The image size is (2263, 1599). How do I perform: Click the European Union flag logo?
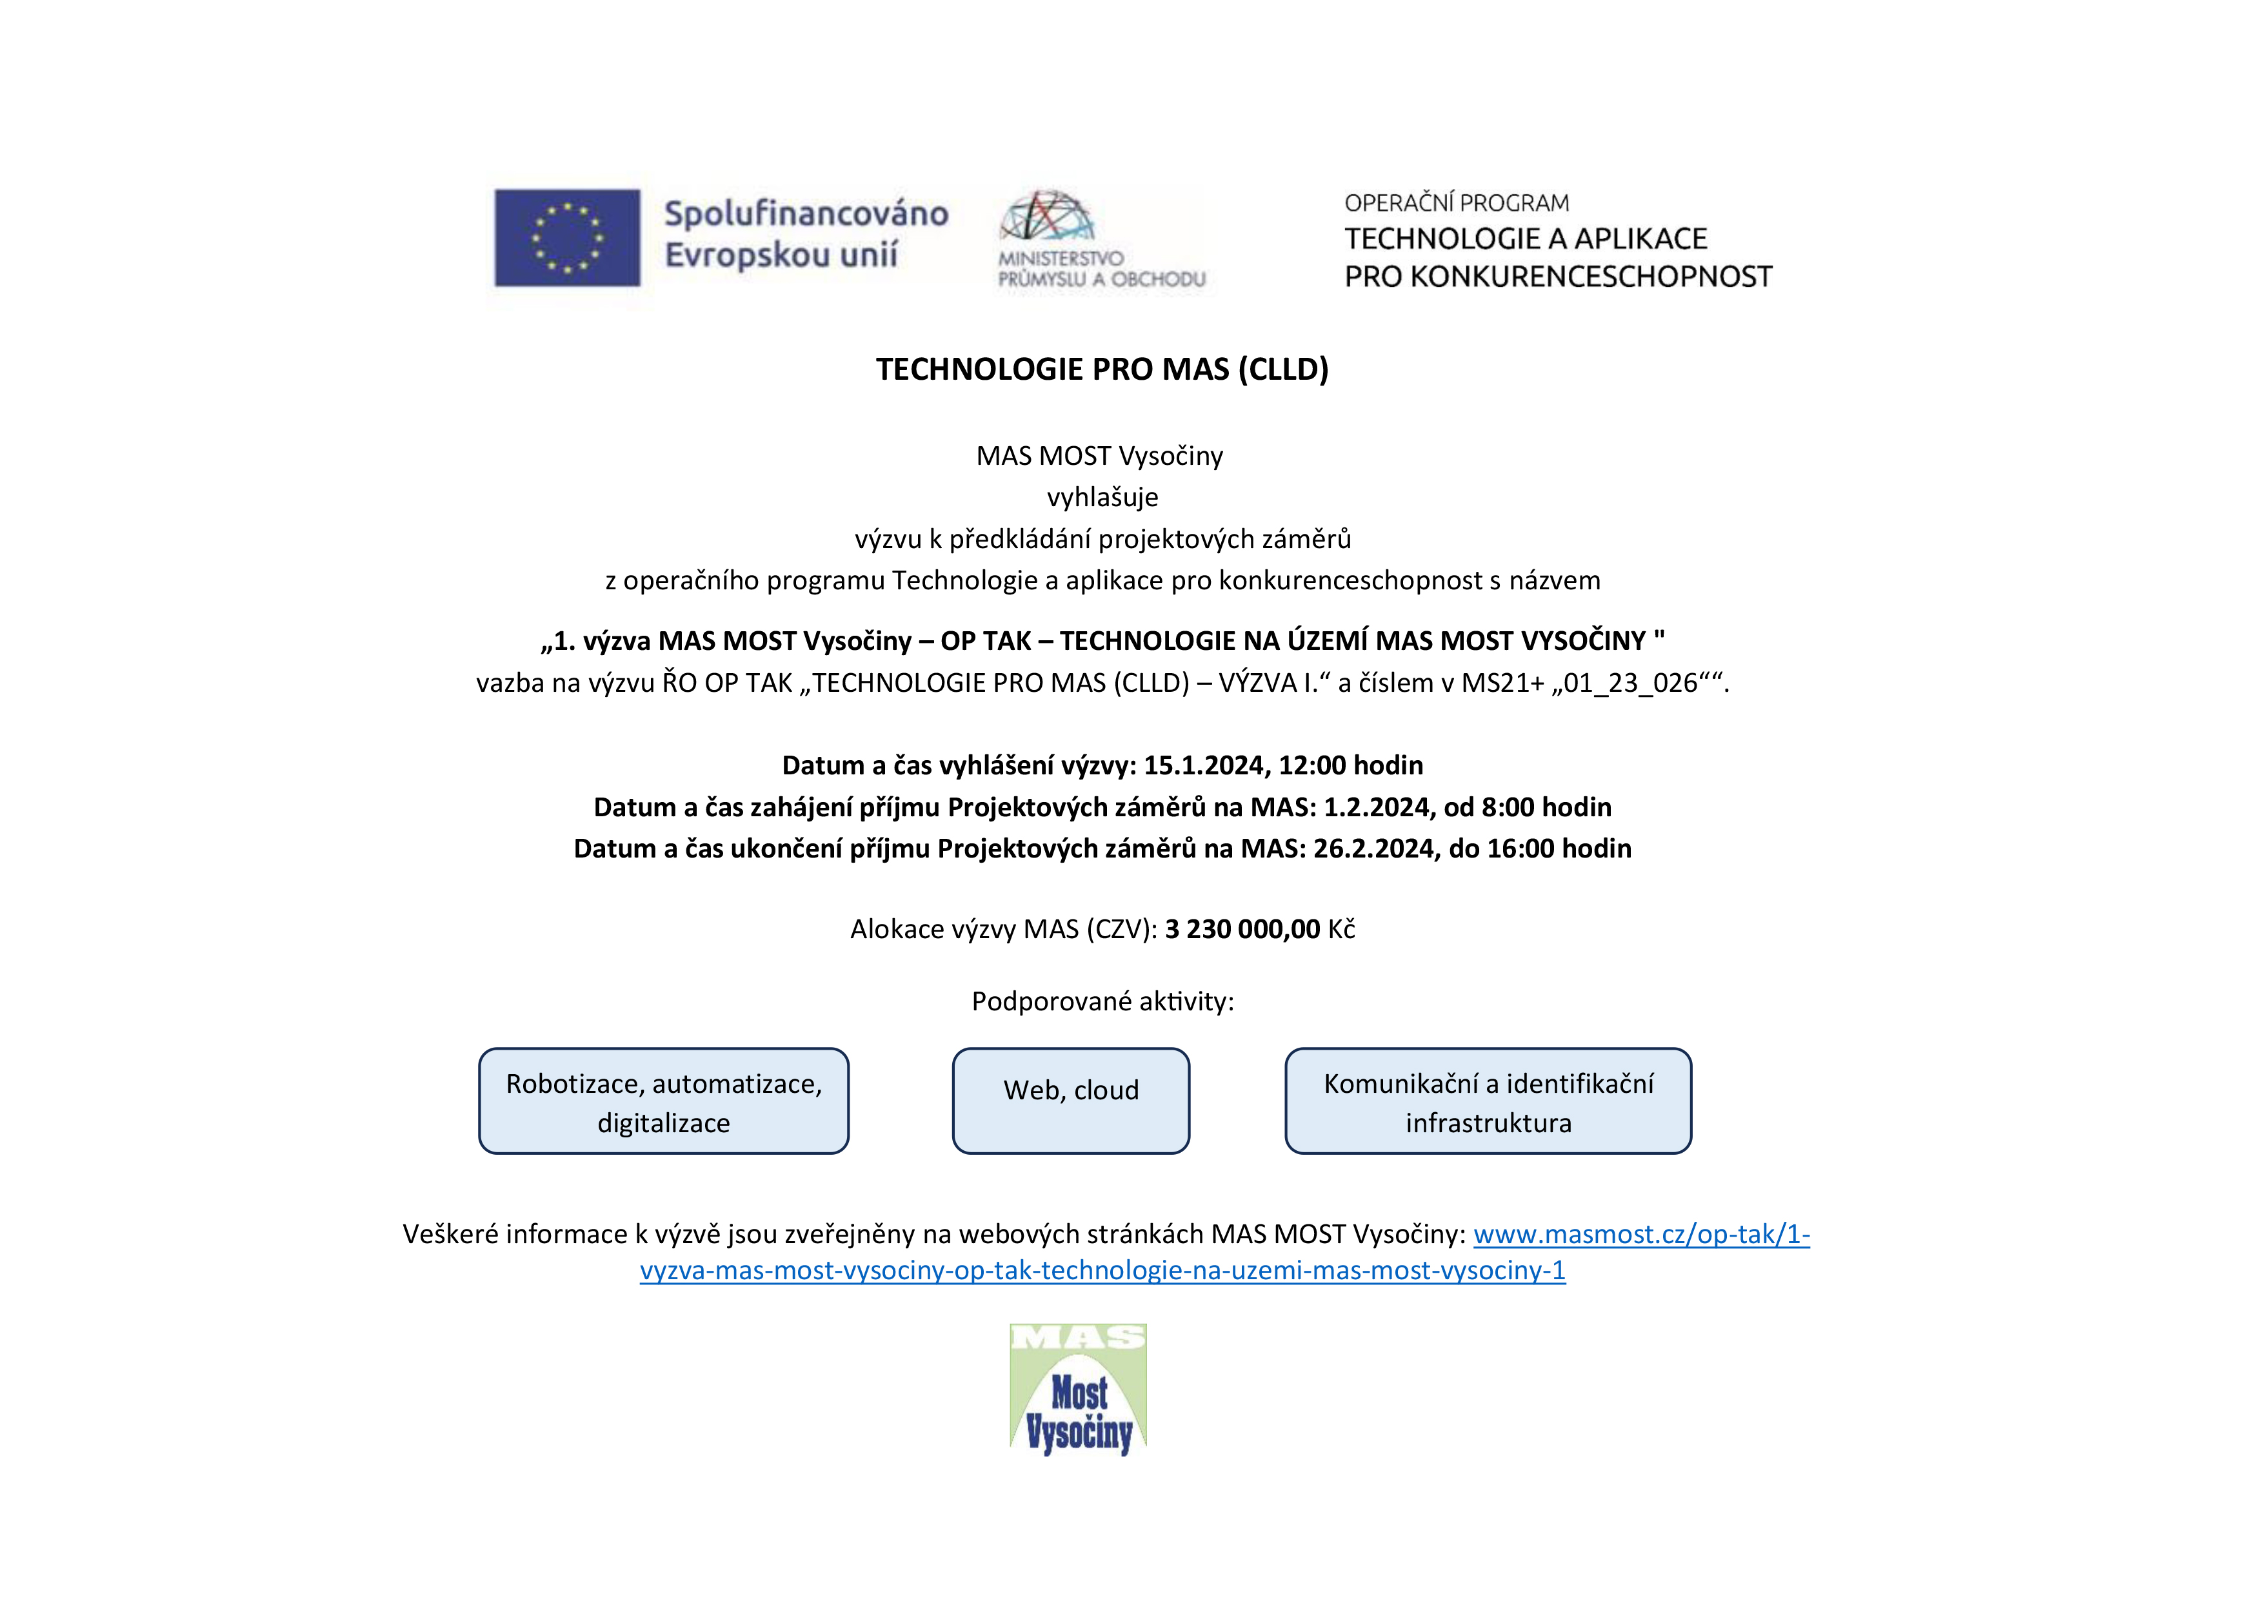(567, 237)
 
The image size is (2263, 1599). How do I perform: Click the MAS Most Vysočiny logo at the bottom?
(1078, 1390)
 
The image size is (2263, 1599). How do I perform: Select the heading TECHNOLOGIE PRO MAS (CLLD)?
(1102, 369)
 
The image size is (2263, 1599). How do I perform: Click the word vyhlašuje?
(1102, 498)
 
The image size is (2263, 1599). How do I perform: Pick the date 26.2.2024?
(1374, 849)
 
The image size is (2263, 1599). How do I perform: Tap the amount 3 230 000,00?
(1242, 929)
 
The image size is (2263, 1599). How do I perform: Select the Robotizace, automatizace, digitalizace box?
(663, 1101)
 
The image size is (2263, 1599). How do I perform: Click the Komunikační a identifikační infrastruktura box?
(1488, 1101)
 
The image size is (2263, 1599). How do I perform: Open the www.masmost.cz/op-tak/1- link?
(1641, 1235)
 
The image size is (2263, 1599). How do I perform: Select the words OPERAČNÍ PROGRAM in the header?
(1456, 204)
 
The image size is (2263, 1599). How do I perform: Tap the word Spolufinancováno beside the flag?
(805, 214)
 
